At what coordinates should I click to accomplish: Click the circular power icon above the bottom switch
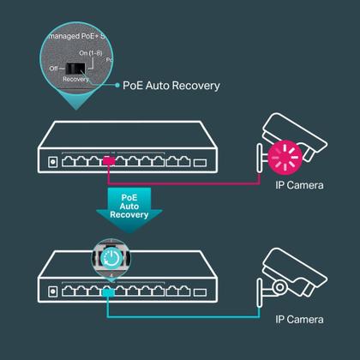click(110, 258)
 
